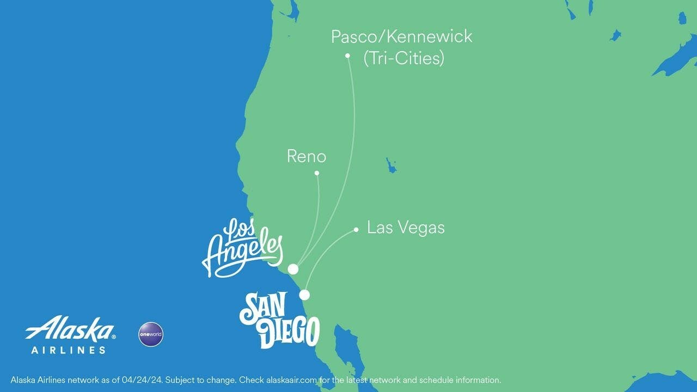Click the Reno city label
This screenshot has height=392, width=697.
coord(307,157)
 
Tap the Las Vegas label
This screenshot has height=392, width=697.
coord(406,228)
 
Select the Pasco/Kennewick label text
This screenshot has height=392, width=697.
coord(402,37)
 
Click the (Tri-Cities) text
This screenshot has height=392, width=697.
coord(403,58)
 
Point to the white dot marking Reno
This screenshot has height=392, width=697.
coord(317,173)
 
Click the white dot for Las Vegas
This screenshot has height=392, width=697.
coord(356,230)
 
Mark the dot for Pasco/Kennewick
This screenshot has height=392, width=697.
coord(347,56)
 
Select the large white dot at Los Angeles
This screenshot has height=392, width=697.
coord(293,269)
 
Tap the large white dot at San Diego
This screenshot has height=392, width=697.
coord(304,295)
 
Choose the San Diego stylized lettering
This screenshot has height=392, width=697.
coord(279,320)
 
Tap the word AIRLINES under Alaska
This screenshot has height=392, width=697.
coord(69,350)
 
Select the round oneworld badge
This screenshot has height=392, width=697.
coord(151,334)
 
